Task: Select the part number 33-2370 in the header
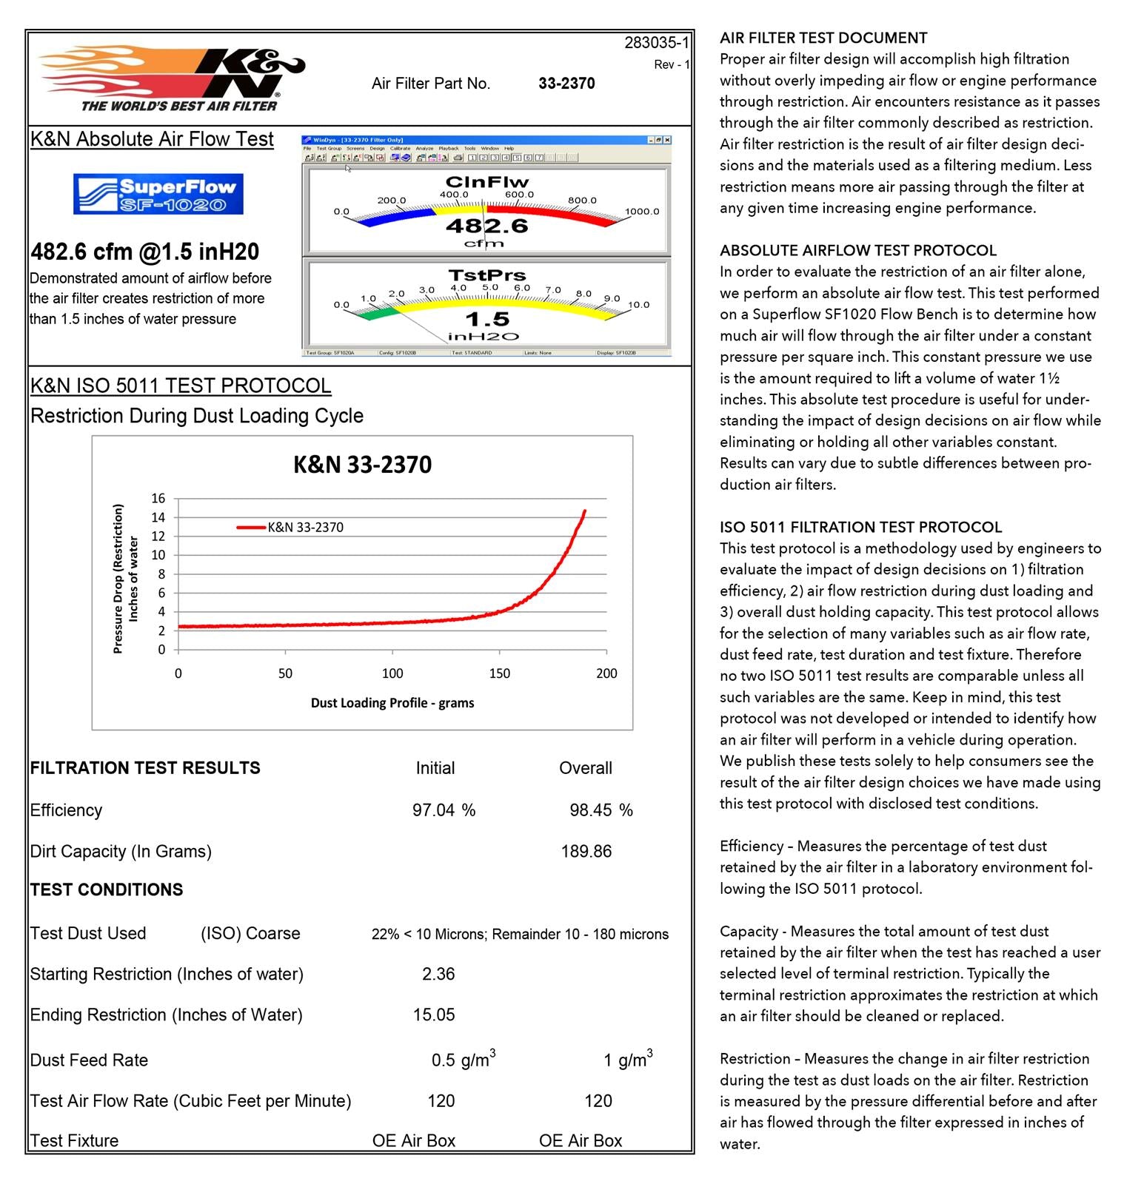tap(566, 84)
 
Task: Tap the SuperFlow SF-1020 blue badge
tap(158, 194)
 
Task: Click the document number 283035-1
tap(656, 43)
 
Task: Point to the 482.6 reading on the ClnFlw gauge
tap(486, 225)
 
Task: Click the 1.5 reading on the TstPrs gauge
tap(486, 319)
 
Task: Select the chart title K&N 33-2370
tap(362, 465)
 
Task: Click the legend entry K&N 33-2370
tap(305, 528)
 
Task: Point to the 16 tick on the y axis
tap(158, 498)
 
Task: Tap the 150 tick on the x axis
tap(500, 673)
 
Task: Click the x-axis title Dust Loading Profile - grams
tap(392, 703)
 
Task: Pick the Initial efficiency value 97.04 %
tap(444, 810)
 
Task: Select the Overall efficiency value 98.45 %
tap(601, 810)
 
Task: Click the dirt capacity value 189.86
tap(586, 852)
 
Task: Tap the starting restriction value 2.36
tap(438, 974)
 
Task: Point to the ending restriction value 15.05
tap(434, 1015)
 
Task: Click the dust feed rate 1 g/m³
tap(627, 1060)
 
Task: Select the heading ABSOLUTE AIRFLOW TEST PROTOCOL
tap(858, 250)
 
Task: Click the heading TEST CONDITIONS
tap(107, 889)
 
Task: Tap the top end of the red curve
tap(585, 511)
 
